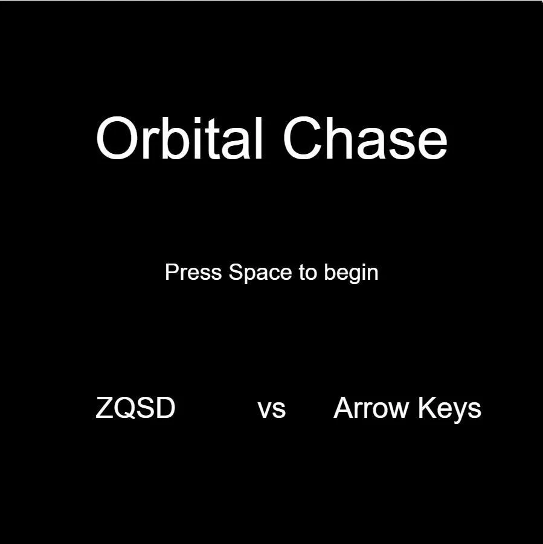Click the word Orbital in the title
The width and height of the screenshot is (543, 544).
(x=179, y=138)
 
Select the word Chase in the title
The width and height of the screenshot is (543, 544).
(x=365, y=138)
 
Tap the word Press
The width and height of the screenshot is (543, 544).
(x=193, y=272)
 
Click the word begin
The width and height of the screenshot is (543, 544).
(x=352, y=273)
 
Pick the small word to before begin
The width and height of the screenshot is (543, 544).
(x=308, y=273)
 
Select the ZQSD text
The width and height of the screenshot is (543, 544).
(x=135, y=408)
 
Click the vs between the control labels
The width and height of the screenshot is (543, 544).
(x=272, y=410)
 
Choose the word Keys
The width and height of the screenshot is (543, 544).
(x=449, y=410)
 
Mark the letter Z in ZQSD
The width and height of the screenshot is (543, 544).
(x=104, y=408)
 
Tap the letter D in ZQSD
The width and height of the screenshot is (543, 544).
(x=165, y=408)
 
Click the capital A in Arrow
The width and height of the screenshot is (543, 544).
(x=344, y=408)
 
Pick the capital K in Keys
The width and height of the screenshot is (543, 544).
(x=427, y=408)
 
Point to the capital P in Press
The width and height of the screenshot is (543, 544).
(x=172, y=272)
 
